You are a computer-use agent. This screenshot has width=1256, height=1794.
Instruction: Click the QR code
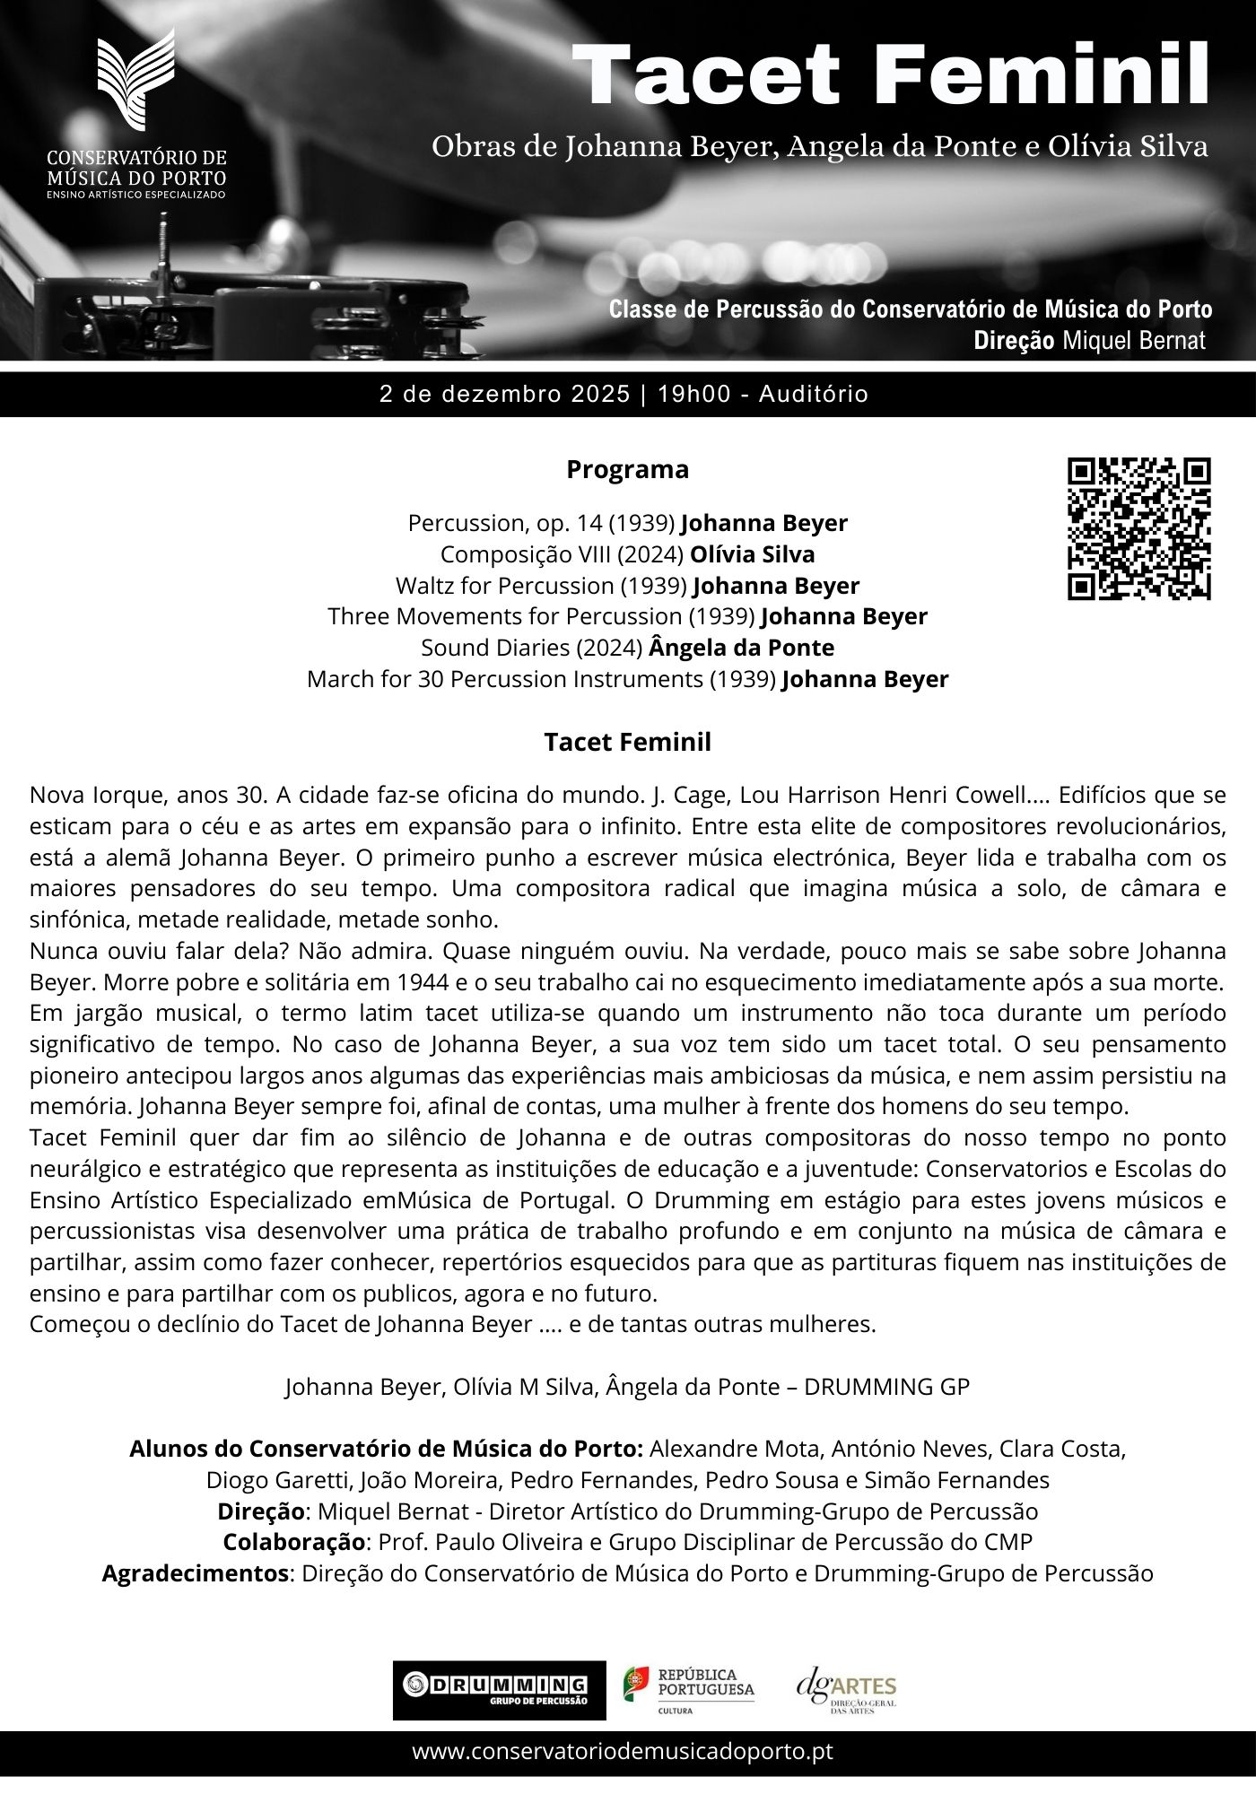coord(1138,528)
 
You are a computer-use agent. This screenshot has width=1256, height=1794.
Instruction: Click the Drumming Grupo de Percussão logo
coord(499,1690)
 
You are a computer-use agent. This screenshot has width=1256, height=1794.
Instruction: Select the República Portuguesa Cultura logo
coord(689,1690)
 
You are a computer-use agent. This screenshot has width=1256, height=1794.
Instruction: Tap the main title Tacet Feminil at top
coord(891,75)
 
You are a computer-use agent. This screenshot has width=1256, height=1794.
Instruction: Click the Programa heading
coord(627,469)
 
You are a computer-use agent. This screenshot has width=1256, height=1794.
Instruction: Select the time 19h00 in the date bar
coord(693,394)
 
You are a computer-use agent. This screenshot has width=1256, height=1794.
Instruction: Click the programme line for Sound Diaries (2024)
coord(627,648)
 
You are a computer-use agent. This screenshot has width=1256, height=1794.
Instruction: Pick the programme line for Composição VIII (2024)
coord(627,554)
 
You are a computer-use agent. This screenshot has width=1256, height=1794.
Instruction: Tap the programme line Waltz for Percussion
coord(627,586)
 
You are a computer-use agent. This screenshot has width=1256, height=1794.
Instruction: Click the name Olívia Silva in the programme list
coord(752,554)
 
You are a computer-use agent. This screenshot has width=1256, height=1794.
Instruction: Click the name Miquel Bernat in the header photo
coord(1134,341)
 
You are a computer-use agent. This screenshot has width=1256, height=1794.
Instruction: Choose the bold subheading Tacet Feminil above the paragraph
coord(627,742)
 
